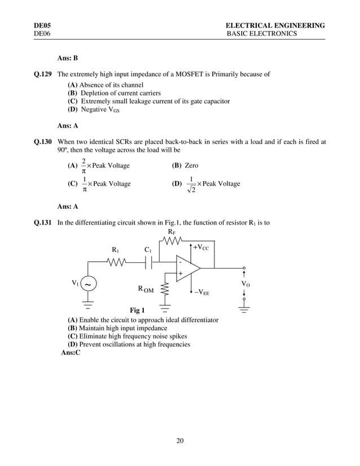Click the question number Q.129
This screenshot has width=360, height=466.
42,73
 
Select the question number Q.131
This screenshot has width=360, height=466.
42,223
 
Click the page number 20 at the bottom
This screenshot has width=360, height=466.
180,441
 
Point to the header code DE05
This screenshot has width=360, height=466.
42,25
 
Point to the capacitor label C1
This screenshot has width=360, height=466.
148,249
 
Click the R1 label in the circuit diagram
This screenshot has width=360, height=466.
115,249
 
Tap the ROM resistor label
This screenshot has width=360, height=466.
146,289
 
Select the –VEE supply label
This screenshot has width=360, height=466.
203,292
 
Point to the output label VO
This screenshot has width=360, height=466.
245,284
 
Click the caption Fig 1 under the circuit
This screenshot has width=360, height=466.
137,310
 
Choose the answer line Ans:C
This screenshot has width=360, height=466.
71,353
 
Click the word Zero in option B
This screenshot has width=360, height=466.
192,166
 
